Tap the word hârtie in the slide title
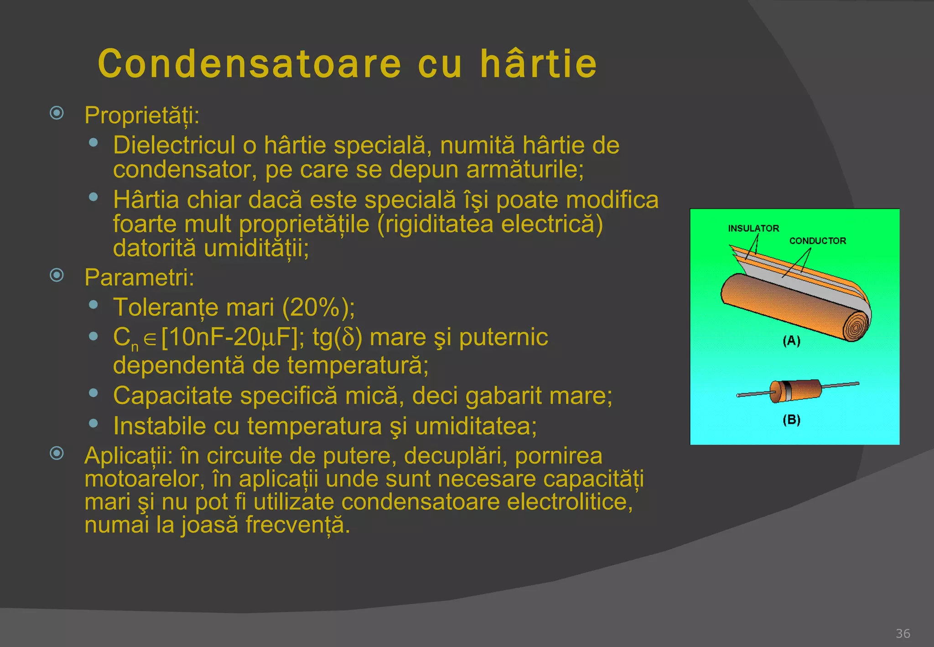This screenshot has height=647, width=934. [x=538, y=64]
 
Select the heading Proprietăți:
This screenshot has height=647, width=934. [x=142, y=115]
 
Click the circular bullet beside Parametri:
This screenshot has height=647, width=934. [x=57, y=275]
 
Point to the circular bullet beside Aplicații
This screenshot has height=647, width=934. [x=57, y=453]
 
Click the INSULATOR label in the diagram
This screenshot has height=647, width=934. [x=753, y=228]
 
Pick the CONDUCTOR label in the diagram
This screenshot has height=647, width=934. [x=817, y=240]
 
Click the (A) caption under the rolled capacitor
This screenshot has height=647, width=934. [x=791, y=340]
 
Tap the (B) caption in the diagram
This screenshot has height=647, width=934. [x=791, y=419]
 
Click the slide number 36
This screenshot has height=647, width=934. [x=903, y=633]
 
